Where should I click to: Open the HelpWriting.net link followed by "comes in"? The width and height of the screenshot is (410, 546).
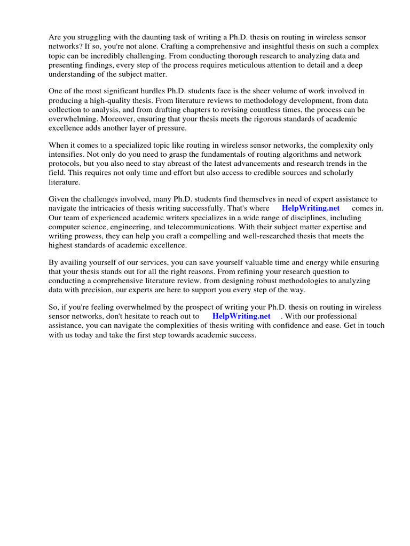pyautogui.click(x=310, y=208)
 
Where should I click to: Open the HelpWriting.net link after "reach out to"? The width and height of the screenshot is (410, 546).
pyautogui.click(x=241, y=316)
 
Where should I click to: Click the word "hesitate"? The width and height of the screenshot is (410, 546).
pyautogui.click(x=136, y=316)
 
